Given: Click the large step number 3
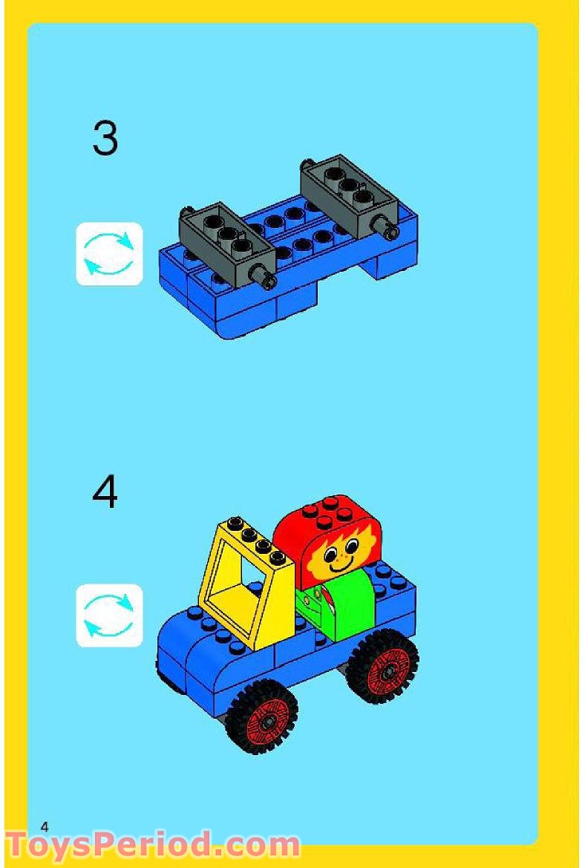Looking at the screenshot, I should pos(105,138).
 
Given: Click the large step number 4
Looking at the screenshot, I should pos(105,492).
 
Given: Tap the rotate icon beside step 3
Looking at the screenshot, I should pos(109,254).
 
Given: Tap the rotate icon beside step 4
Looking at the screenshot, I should pos(109,616).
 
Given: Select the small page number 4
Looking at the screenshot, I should pos(45,826).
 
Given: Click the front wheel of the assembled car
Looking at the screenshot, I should pos(261,716).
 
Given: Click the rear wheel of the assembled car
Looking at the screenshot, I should pos(382,666).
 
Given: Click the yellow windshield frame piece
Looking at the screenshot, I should pos(245,579).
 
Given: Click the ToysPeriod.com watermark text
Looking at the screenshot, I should pos(152,845).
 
